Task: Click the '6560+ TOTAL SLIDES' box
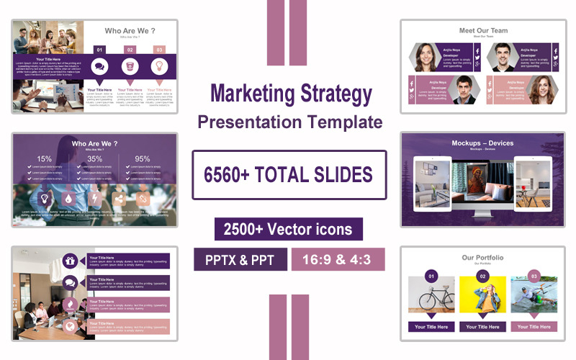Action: pos(289,174)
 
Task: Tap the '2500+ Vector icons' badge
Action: pos(288,229)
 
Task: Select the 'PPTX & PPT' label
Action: pos(240,259)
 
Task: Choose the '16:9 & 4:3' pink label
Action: pos(338,259)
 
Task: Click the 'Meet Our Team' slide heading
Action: pos(483,31)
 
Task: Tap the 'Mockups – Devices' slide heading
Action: pos(482,143)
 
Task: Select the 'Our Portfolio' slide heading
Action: pos(482,258)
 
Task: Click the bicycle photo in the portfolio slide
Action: pos(431,294)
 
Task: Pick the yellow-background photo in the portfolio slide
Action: pos(482,294)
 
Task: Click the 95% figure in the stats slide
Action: pos(143,159)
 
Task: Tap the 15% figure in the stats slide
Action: pos(45,159)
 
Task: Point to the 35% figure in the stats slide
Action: pos(94,159)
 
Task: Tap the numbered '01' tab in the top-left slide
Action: pos(99,50)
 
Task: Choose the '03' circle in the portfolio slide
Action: pos(534,276)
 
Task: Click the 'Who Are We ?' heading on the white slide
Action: pos(130,31)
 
